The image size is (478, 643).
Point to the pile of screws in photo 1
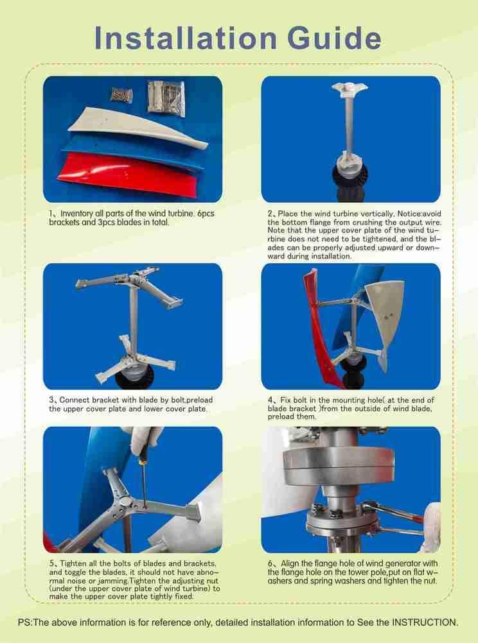[x=121, y=94]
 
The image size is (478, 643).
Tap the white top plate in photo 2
[x=348, y=87]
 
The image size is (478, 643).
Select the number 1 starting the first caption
[x=51, y=214]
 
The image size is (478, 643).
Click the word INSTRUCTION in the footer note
[x=424, y=622]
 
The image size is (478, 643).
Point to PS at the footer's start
[x=25, y=622]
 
